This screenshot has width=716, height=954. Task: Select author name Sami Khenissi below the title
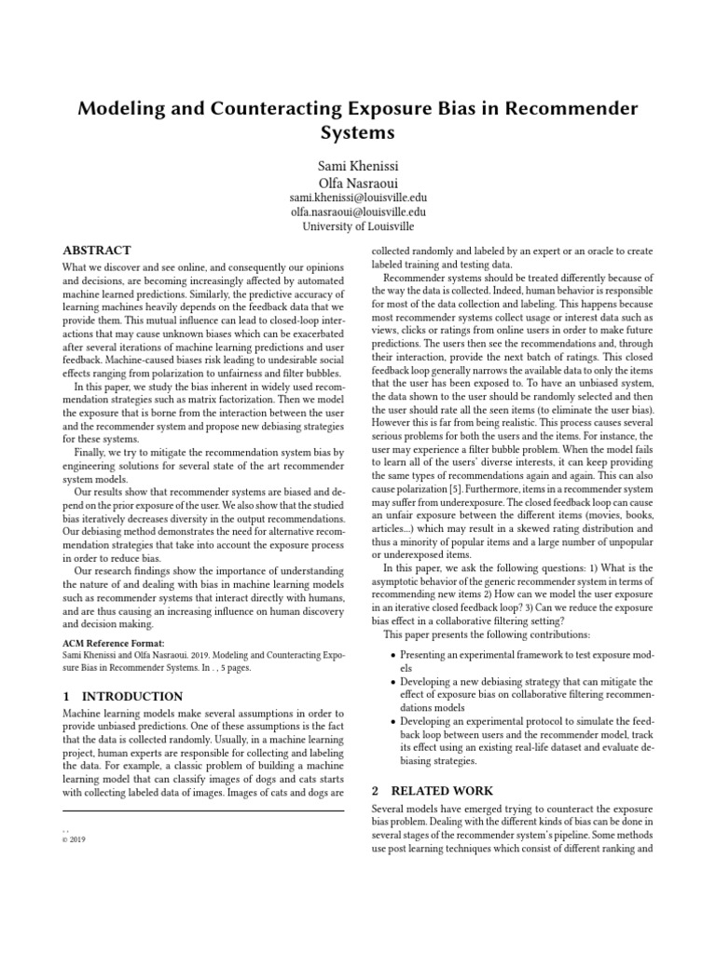[358, 166]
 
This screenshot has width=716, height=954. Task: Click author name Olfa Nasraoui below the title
[358, 183]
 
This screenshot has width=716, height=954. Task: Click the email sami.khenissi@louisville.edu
[358, 198]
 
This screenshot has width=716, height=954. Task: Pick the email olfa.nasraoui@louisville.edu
[358, 212]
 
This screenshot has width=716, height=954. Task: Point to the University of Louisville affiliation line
[358, 226]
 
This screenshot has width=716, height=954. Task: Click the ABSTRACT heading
[97, 251]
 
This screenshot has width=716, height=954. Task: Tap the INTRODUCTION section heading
[131, 696]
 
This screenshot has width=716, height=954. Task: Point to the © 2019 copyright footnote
[74, 838]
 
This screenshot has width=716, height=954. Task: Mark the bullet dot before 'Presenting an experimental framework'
[392, 656]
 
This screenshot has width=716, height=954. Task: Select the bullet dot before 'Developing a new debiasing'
[392, 683]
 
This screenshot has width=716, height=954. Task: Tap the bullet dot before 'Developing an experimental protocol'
[392, 722]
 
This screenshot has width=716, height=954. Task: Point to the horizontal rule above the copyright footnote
[195, 811]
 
